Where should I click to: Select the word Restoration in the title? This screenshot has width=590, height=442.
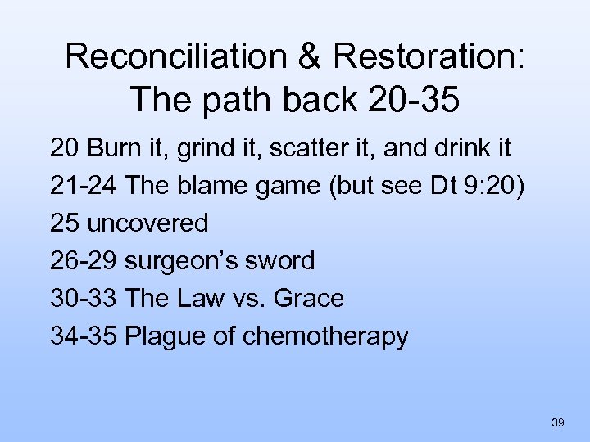pos(420,56)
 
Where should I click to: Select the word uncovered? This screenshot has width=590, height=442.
pos(147,223)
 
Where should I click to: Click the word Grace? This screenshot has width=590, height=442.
pos(309,299)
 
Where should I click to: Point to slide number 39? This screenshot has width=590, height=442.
pos(557,422)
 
